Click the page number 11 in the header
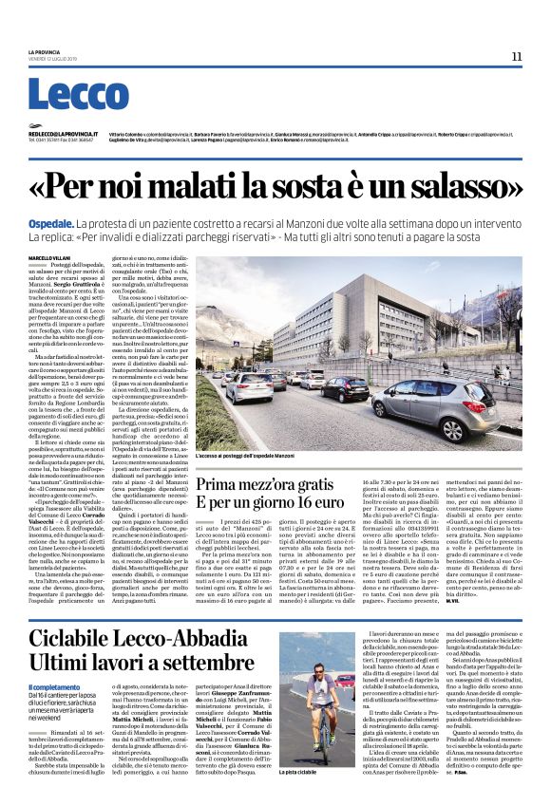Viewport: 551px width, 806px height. [x=517, y=55]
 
